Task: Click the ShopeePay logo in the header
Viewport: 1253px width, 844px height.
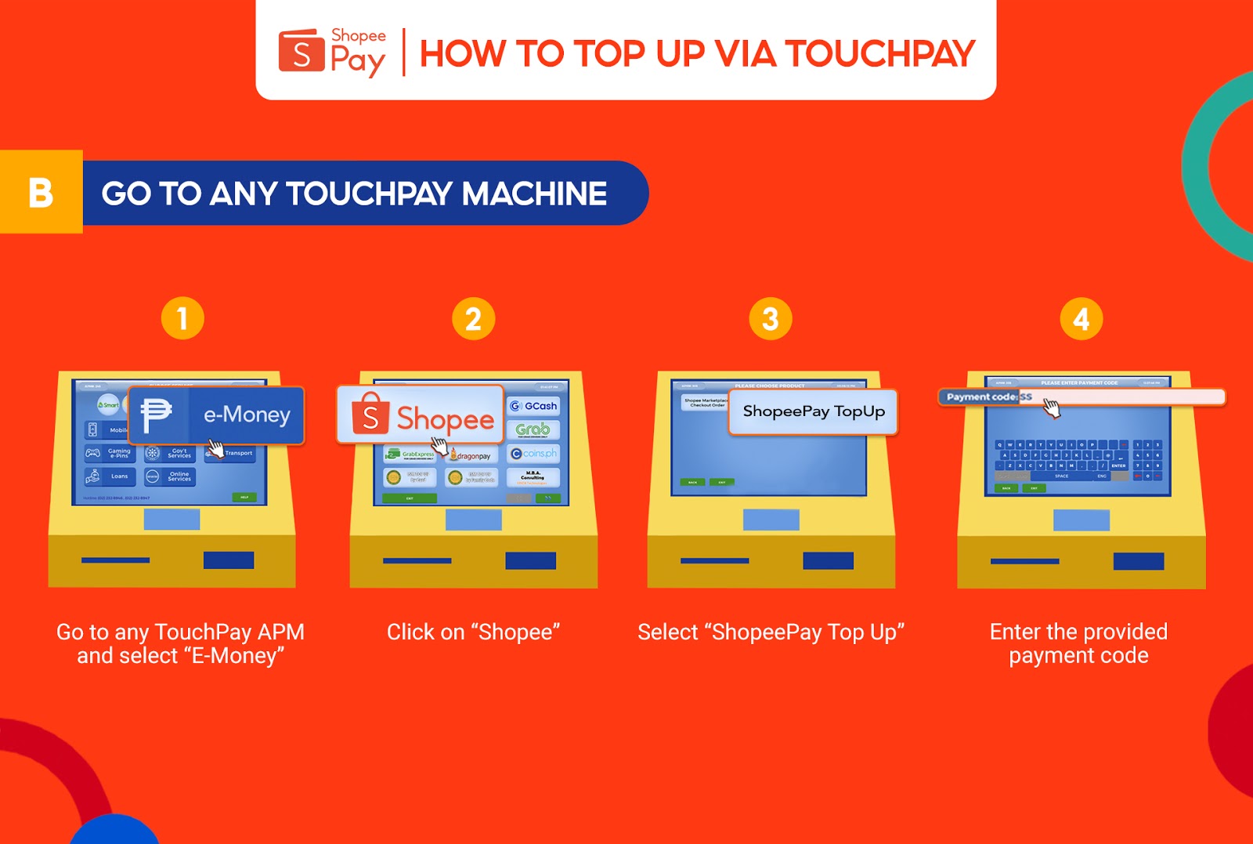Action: point(331,53)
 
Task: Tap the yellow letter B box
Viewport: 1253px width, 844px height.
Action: point(41,192)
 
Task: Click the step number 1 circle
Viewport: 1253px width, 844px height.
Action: point(182,318)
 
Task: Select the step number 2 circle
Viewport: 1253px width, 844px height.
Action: point(473,319)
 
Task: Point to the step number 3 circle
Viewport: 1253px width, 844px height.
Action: point(771,319)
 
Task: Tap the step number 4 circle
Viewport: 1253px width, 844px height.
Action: point(1081,319)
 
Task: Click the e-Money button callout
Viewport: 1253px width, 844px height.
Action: point(216,415)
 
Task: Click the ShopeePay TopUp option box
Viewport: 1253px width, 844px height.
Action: point(813,411)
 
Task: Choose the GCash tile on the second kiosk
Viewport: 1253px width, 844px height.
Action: point(533,406)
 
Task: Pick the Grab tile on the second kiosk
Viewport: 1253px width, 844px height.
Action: point(533,429)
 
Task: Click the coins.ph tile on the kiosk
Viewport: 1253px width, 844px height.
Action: point(533,454)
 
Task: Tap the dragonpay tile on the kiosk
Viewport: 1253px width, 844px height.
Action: point(471,455)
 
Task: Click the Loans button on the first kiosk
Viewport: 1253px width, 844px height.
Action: point(110,476)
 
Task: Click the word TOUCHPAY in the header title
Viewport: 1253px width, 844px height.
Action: point(879,54)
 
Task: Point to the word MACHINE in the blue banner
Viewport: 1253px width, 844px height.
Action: point(533,194)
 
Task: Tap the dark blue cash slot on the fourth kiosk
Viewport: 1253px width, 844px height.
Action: point(1138,561)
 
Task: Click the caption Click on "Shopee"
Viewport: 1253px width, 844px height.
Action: point(473,632)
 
